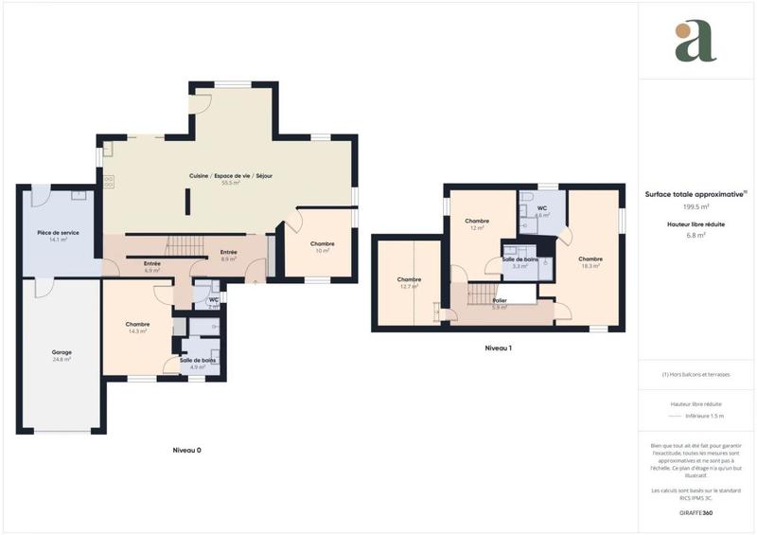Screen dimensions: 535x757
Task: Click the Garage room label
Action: [62, 352]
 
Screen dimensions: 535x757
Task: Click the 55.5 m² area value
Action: [231, 183]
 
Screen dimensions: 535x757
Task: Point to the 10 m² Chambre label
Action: [323, 244]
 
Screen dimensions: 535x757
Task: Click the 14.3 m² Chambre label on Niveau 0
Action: [138, 325]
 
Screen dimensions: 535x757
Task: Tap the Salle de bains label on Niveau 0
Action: [198, 360]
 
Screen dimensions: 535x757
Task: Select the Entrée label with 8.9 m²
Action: [228, 252]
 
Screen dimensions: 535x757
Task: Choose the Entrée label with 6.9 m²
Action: [151, 264]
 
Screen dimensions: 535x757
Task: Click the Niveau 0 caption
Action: [186, 450]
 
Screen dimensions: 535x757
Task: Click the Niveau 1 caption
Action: [498, 348]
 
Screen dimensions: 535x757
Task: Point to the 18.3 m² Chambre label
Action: [590, 259]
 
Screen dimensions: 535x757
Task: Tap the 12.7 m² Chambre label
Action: [410, 279]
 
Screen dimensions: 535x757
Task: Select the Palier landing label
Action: [500, 300]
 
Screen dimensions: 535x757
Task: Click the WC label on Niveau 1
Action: [542, 208]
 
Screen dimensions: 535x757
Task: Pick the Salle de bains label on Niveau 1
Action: [519, 259]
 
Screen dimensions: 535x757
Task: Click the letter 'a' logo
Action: [695, 42]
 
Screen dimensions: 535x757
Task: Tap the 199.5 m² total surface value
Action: [696, 206]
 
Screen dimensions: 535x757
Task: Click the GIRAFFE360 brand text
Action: [695, 511]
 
